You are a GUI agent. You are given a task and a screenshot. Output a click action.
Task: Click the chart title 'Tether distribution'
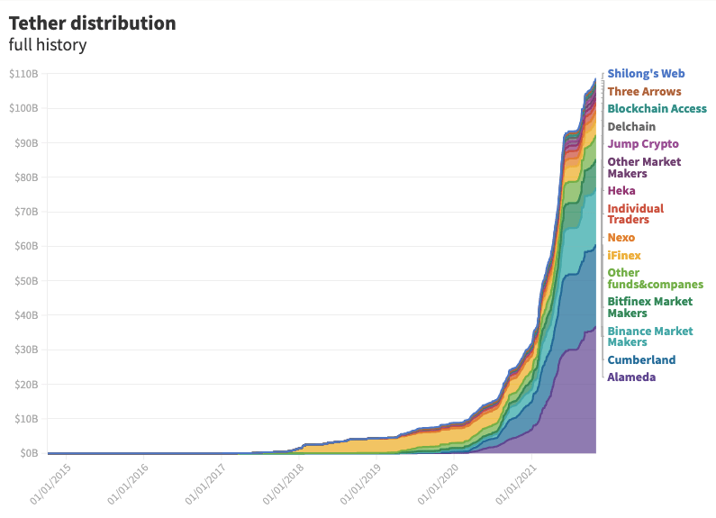pyautogui.click(x=92, y=23)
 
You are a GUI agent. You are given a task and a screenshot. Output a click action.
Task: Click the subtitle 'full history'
pyautogui.click(x=48, y=44)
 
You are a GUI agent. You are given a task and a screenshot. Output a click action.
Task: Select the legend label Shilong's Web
pyautogui.click(x=653, y=74)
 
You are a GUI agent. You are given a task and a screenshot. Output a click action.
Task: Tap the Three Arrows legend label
pyautogui.click(x=644, y=91)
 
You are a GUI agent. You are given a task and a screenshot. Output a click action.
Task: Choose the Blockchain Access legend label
pyautogui.click(x=657, y=109)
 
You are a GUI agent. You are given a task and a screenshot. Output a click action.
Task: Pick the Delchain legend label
pyautogui.click(x=631, y=127)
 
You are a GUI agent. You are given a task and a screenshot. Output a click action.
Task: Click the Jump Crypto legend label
pyautogui.click(x=643, y=144)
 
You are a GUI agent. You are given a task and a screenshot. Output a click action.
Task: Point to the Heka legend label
pyautogui.click(x=621, y=191)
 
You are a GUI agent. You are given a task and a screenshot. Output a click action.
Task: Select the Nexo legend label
pyautogui.click(x=621, y=238)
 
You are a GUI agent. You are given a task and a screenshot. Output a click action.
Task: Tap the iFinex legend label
pyautogui.click(x=624, y=256)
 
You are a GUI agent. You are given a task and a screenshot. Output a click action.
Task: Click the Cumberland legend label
pyautogui.click(x=641, y=360)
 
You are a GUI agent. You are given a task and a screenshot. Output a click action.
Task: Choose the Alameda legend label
pyautogui.click(x=631, y=377)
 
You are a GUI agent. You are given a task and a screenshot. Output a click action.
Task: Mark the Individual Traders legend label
pyautogui.click(x=636, y=214)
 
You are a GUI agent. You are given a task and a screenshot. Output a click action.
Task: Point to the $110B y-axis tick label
pyautogui.click(x=23, y=74)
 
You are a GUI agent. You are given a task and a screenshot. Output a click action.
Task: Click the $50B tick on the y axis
pyautogui.click(x=25, y=281)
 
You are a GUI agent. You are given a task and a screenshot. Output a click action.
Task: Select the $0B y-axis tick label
pyautogui.click(x=27, y=453)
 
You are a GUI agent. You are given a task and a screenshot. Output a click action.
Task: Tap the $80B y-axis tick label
pyautogui.click(x=25, y=177)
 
